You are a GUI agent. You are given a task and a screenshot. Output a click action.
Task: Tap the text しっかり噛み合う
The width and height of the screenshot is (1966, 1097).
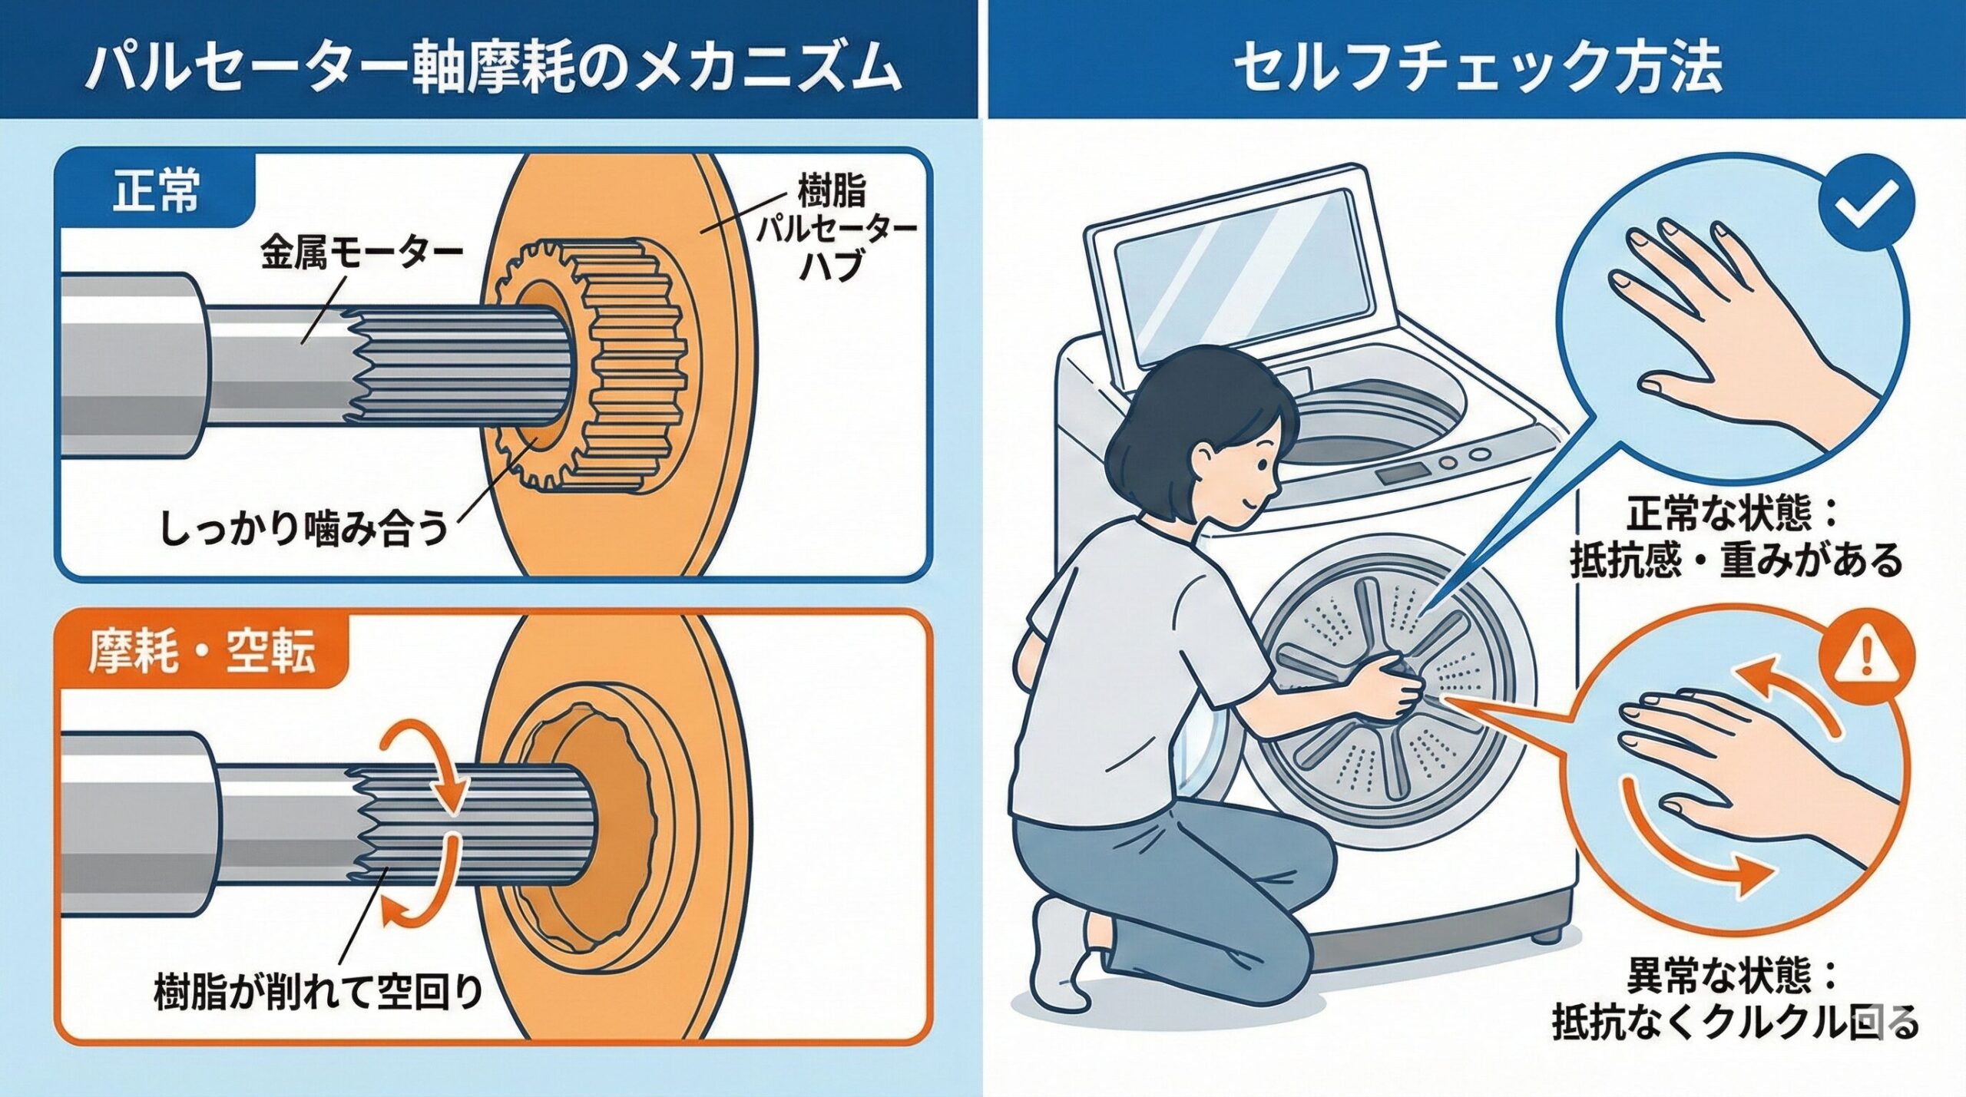[x=304, y=529]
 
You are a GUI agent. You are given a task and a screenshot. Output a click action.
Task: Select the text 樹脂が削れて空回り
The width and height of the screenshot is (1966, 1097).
[x=318, y=990]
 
